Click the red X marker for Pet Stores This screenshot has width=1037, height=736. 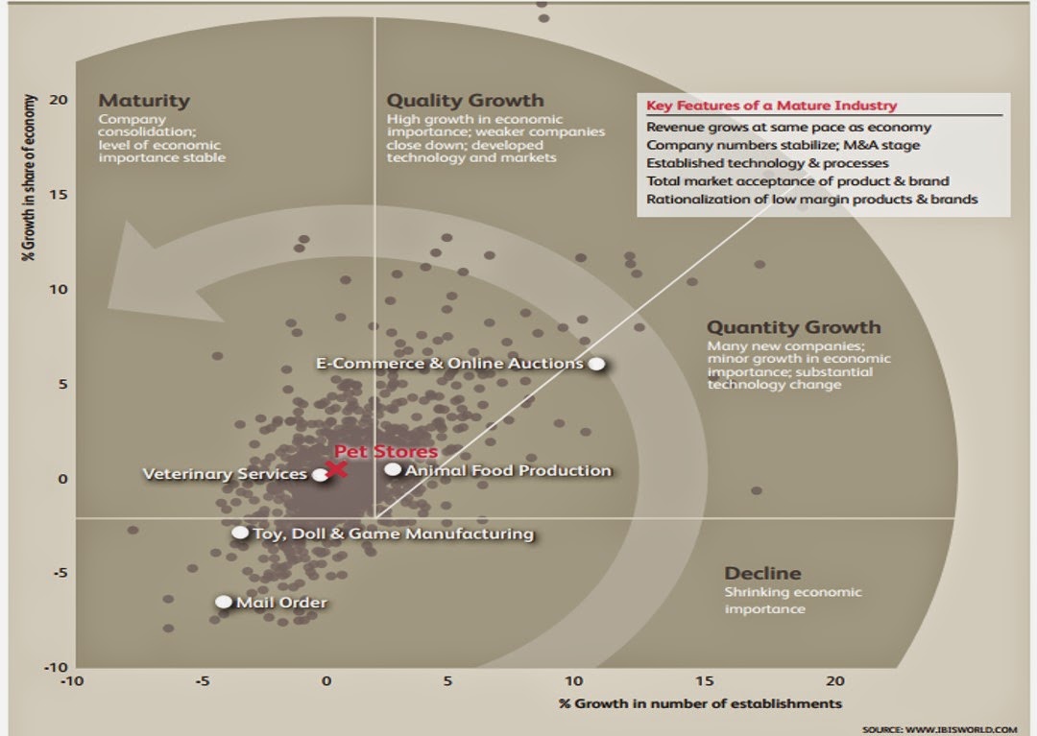[x=336, y=469]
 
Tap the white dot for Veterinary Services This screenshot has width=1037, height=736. [x=321, y=475]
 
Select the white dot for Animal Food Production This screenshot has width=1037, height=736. [x=393, y=469]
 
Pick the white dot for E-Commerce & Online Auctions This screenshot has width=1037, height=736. [x=596, y=364]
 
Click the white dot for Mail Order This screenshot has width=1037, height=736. [x=223, y=602]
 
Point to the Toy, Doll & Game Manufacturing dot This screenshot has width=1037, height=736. [x=240, y=533]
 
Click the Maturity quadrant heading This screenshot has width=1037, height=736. [x=144, y=100]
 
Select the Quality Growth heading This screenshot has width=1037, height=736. [x=465, y=100]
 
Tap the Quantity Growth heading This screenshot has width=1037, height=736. [x=793, y=327]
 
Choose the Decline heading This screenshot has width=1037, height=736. [x=762, y=574]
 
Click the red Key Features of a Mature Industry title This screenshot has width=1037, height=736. [x=772, y=106]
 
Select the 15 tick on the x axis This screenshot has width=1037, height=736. [x=706, y=681]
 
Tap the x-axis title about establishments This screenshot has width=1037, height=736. [x=700, y=703]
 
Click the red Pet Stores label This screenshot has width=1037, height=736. [x=385, y=451]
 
